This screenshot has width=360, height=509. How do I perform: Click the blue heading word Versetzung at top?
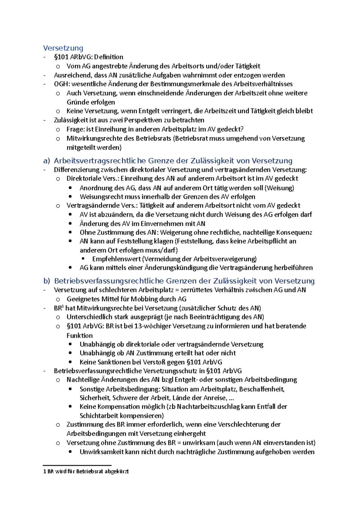pyautogui.click(x=63, y=48)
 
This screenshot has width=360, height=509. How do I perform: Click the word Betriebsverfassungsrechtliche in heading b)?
pyautogui.click(x=109, y=281)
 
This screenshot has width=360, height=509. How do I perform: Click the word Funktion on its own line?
pyautogui.click(x=79, y=335)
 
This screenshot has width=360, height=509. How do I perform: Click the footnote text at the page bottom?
pyautogui.click(x=86, y=472)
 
